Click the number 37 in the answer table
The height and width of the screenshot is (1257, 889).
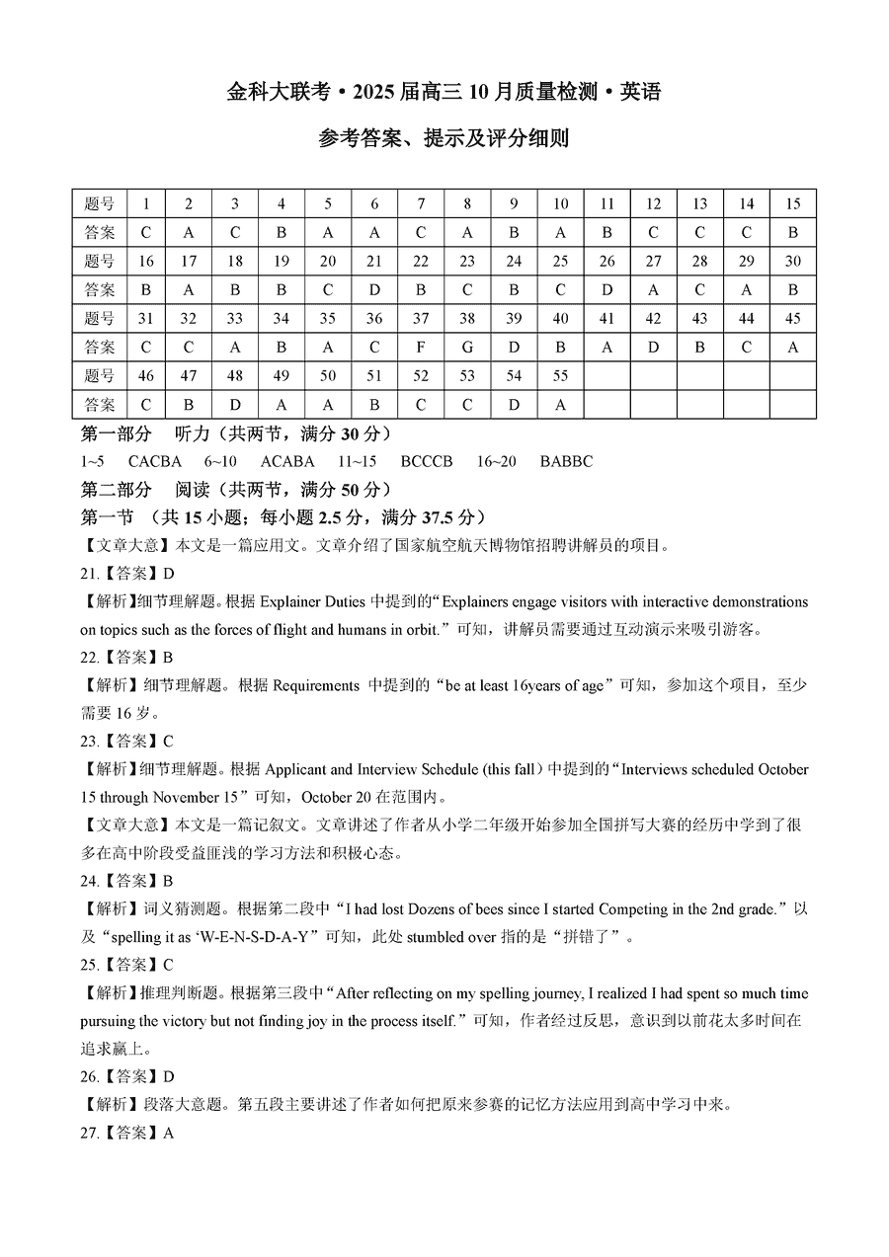(421, 318)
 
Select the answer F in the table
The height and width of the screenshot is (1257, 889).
(421, 347)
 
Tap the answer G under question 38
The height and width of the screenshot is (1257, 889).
(467, 347)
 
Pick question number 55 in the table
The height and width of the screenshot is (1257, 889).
(560, 375)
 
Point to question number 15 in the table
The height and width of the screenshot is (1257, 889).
(792, 203)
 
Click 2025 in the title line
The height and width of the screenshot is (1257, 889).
(372, 93)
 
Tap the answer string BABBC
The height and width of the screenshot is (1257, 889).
(567, 461)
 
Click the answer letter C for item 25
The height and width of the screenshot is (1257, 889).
(168, 965)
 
